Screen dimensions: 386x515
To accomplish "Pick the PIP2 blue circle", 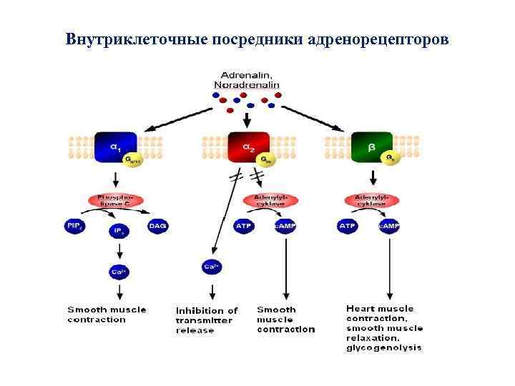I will [x=74, y=226].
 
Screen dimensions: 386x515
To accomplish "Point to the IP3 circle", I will [x=118, y=231].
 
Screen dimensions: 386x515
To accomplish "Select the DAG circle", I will [x=158, y=226].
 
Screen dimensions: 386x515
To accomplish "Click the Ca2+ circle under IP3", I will [x=118, y=272].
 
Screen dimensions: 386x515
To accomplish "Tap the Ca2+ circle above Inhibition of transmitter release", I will [x=212, y=266].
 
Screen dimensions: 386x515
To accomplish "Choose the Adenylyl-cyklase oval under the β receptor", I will [x=372, y=201].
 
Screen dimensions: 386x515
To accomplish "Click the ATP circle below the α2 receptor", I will [x=243, y=226].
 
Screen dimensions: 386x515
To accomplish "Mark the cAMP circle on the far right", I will [x=389, y=226].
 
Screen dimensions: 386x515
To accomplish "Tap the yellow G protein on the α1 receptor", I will [x=134, y=161].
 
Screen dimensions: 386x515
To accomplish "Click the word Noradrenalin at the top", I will [x=250, y=84].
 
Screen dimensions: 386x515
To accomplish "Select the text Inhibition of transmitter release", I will [x=207, y=320].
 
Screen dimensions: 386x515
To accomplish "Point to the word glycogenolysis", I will [x=383, y=348].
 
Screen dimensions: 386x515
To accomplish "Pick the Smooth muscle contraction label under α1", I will [x=107, y=315].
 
